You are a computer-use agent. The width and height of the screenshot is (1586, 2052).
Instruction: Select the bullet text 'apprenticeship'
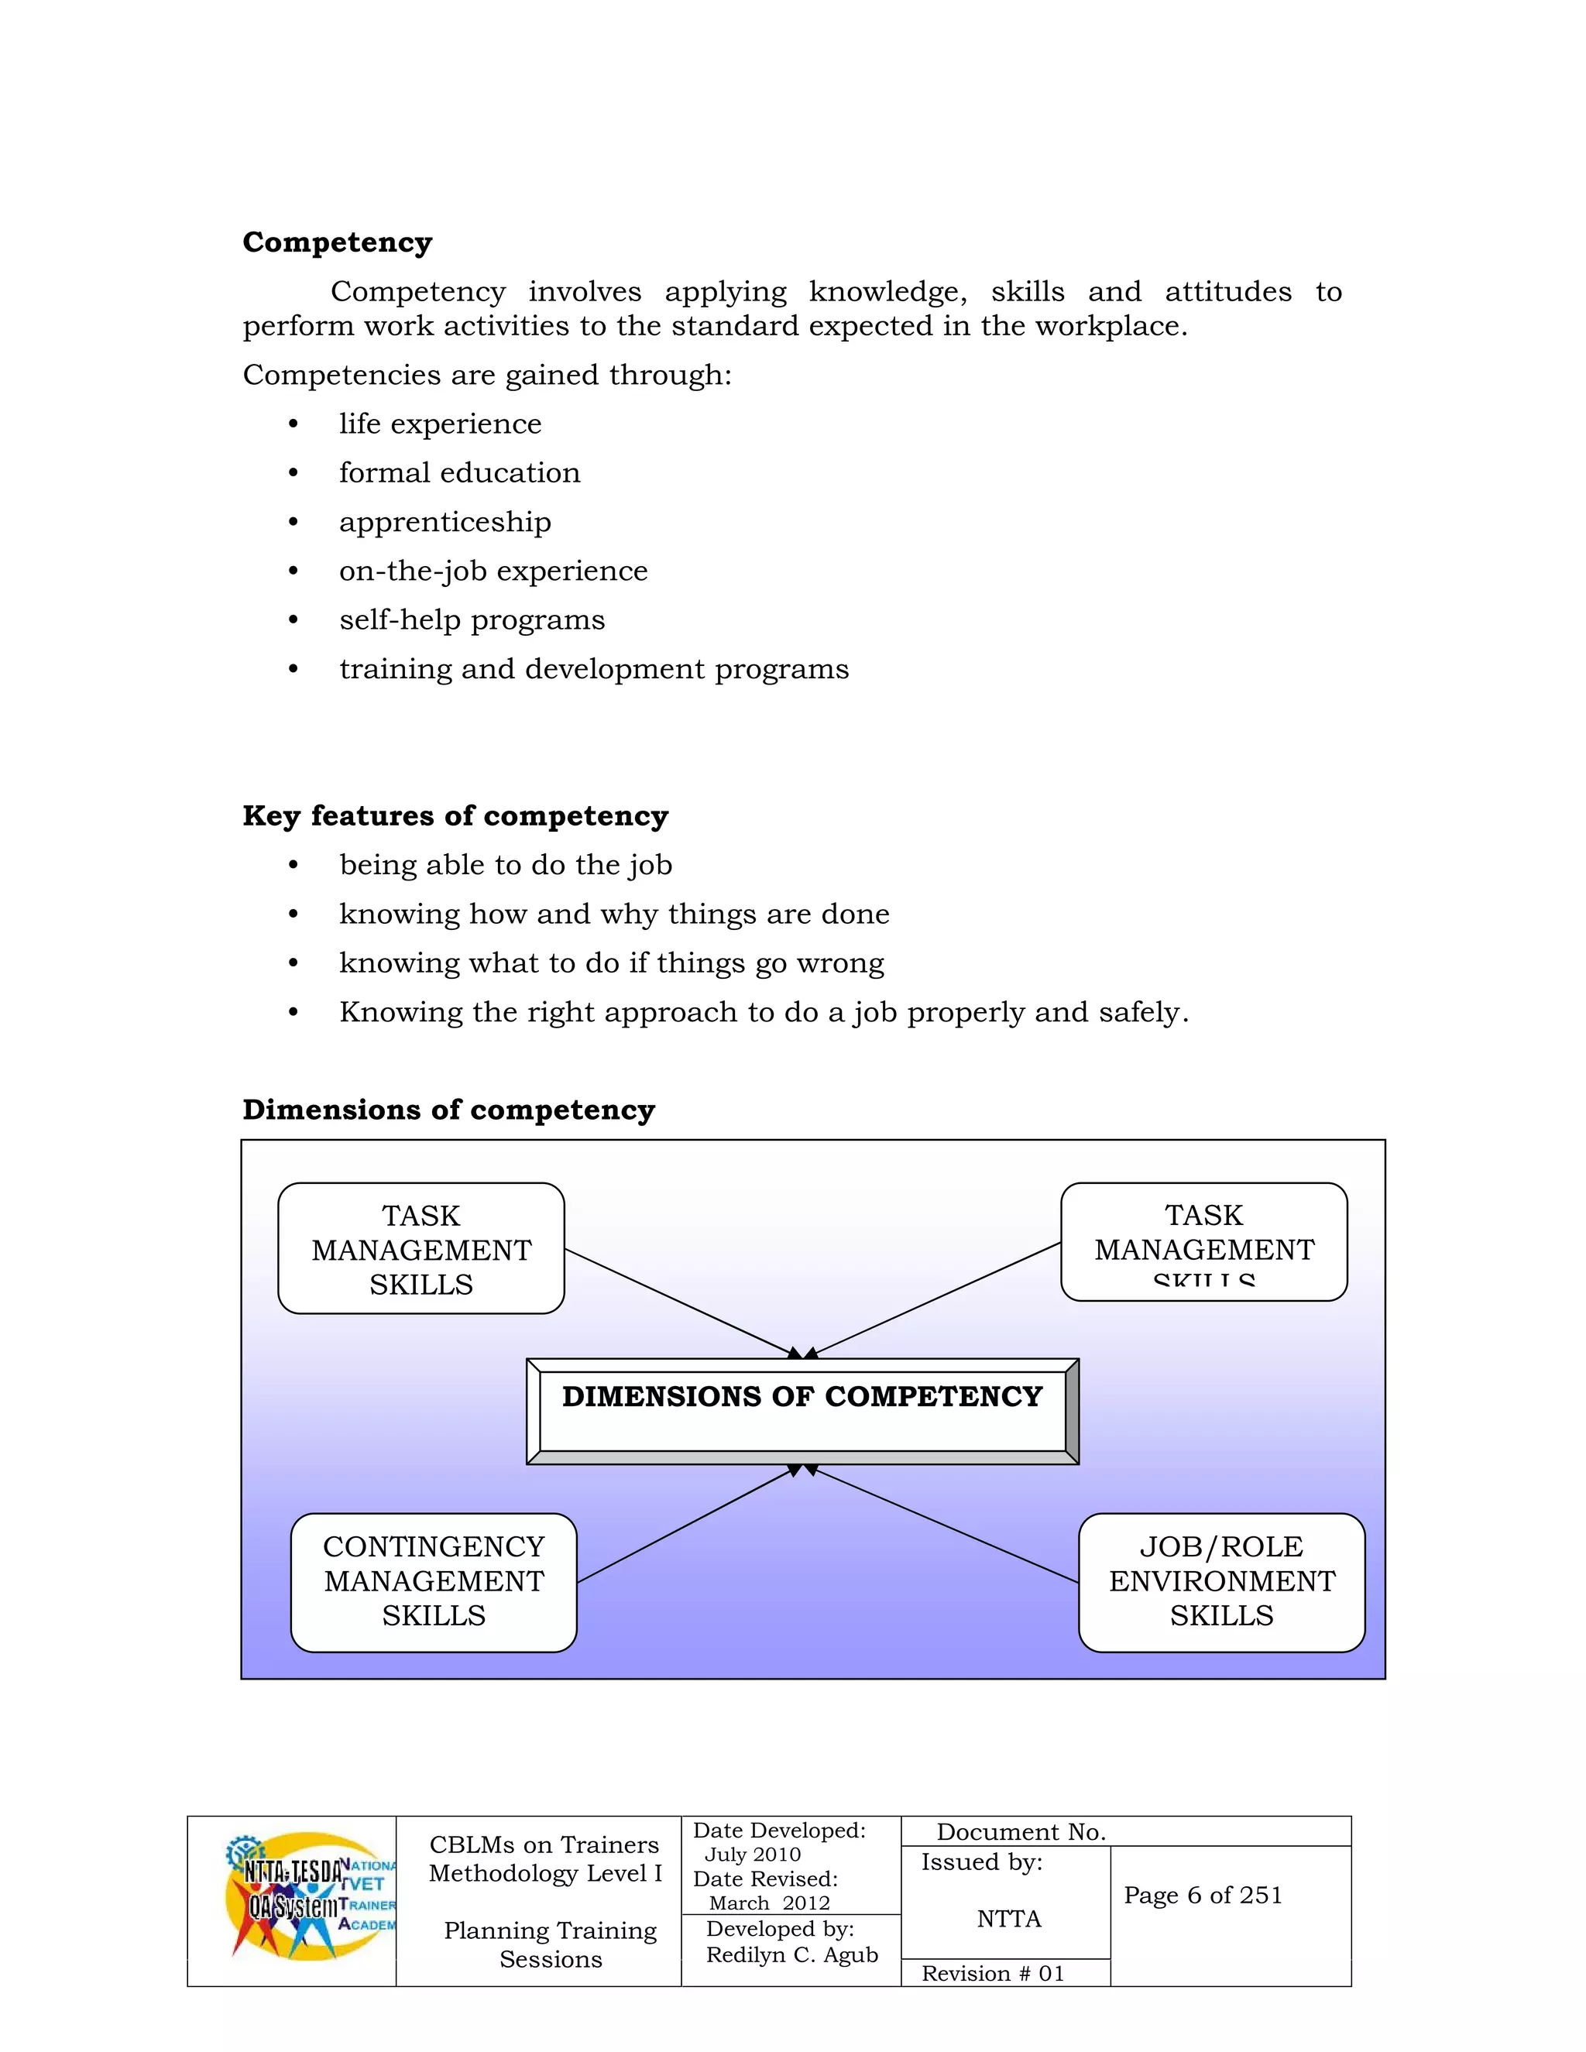pos(445,523)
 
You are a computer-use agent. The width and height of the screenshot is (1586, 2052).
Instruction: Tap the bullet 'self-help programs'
pos(472,620)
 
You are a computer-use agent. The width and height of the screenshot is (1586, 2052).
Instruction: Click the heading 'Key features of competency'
pos(455,815)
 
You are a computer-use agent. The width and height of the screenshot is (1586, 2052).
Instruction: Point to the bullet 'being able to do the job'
pos(506,866)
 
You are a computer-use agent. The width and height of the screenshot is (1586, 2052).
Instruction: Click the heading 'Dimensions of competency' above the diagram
pos(448,1110)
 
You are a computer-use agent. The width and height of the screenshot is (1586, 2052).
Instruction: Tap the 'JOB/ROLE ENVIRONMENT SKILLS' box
pos(1220,1581)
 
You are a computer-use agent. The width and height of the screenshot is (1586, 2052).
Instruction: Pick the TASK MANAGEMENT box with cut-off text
pos(1203,1241)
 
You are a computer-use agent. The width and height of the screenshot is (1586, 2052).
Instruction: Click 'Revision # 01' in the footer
pos(992,1973)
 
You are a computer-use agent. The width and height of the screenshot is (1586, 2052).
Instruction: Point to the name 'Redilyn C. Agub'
pos(792,1954)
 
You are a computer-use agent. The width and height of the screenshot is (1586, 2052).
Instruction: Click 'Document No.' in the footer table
pos(1021,1832)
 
